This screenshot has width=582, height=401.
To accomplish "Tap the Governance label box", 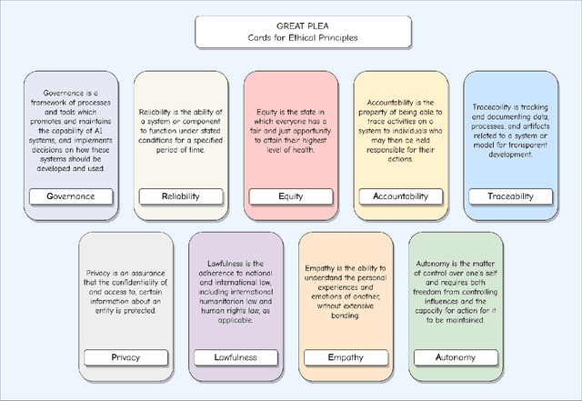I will (71, 196).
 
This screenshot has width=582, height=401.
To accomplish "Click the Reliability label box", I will (180, 196).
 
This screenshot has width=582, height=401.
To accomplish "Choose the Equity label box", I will (290, 196).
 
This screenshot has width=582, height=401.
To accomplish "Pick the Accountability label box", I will (400, 196).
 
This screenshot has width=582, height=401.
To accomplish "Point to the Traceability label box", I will (510, 196).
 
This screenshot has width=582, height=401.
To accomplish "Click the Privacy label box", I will (125, 357).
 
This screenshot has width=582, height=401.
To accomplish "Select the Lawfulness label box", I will (235, 357).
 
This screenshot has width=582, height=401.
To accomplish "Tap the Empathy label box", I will (346, 357).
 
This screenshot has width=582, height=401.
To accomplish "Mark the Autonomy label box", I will (456, 357).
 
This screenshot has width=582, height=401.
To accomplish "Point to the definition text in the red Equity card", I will (290, 130).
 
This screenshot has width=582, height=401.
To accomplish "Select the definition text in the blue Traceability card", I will (510, 130).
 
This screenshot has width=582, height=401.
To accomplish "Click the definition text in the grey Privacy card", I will (125, 291).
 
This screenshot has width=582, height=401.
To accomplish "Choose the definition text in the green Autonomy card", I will (456, 291).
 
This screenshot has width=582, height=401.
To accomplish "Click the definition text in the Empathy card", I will (346, 291).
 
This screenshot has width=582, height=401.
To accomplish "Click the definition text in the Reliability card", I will (180, 130).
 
